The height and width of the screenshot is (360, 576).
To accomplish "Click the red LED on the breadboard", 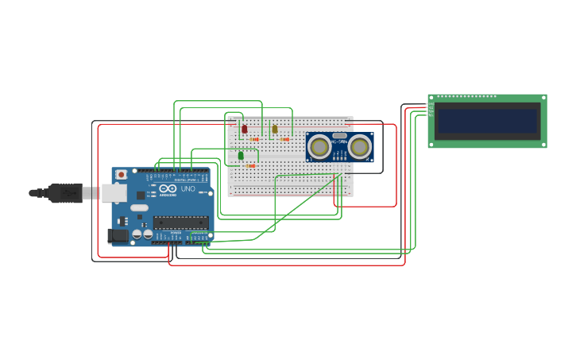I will click(x=244, y=128).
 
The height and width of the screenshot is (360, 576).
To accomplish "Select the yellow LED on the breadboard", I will click(x=275, y=128).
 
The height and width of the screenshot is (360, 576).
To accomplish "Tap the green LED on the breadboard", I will click(x=241, y=155).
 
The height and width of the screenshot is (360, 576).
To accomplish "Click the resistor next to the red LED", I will click(x=254, y=139).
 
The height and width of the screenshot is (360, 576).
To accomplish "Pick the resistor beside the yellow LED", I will click(x=284, y=139).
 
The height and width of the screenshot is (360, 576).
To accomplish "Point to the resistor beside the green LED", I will click(x=251, y=166).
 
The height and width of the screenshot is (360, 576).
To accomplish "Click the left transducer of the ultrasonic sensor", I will click(x=319, y=147).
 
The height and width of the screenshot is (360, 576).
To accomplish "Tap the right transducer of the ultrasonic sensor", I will click(x=359, y=147).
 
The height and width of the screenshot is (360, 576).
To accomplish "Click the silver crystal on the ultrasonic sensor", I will click(x=339, y=136).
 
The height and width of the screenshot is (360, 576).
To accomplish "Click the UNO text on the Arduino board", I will click(x=188, y=189).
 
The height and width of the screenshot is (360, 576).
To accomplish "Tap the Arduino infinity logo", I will click(x=168, y=188).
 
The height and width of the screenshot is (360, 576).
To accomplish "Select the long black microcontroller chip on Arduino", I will click(x=181, y=222).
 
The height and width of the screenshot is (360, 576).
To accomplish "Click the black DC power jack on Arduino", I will click(x=117, y=234).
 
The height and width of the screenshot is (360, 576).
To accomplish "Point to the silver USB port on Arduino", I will click(x=114, y=192).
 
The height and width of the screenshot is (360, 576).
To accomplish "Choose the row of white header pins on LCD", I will click(x=466, y=97).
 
